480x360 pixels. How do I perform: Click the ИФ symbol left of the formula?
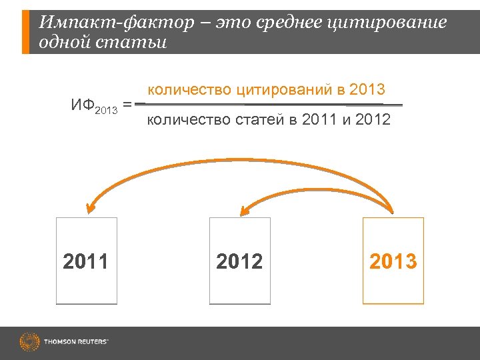[x=83, y=105]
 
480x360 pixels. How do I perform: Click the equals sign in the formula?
[x=127, y=105]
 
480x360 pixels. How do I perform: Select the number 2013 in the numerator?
[x=367, y=90]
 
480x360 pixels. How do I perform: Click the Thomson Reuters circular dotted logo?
[x=30, y=342]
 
